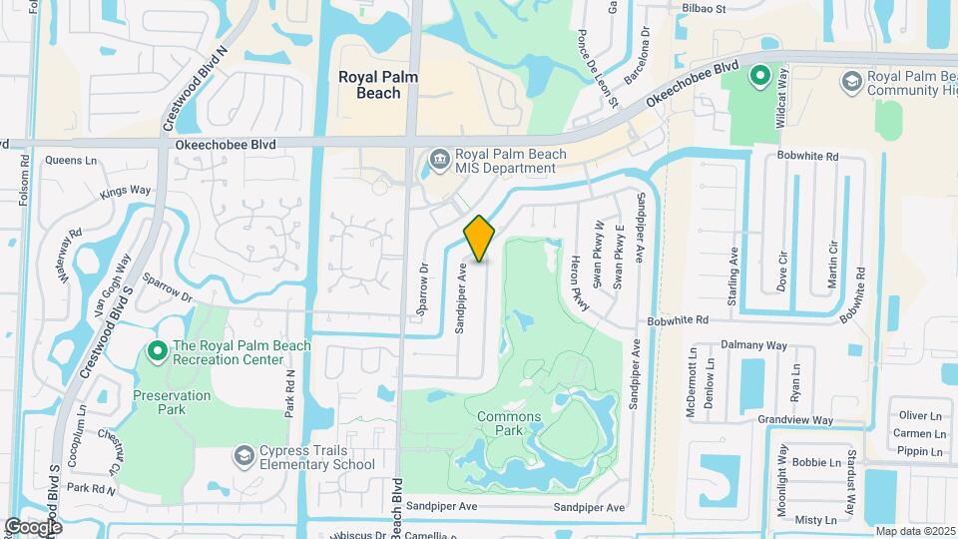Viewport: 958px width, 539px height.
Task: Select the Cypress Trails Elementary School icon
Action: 242,456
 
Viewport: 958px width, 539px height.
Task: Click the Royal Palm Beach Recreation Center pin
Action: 157,351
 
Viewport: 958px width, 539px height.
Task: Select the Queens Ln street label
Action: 69,160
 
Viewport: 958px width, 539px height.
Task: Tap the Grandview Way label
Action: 795,420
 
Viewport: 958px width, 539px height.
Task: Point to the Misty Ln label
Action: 815,520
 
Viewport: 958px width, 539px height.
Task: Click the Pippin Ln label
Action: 920,451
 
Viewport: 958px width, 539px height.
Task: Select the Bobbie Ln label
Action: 815,463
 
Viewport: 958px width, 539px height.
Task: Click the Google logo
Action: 33,526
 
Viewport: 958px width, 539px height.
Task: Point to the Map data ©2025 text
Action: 914,531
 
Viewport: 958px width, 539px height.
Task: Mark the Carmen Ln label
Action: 920,433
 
